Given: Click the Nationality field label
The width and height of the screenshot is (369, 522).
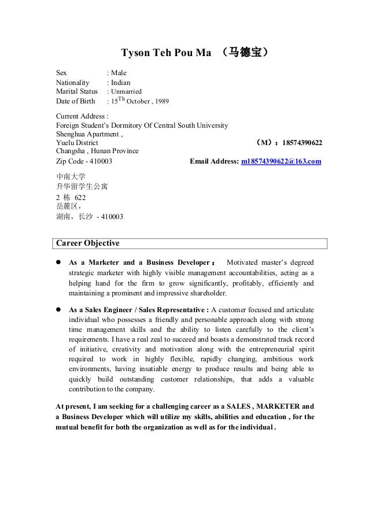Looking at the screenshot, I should coord(72,83).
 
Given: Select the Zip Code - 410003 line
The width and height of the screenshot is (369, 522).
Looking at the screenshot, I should coord(84,161).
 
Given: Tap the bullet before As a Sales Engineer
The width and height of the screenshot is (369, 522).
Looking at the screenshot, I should coord(58,308).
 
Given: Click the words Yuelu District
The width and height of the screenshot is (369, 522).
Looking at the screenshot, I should coord(76,142).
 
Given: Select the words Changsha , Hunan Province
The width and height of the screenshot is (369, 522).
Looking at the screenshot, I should coord(97,151).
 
